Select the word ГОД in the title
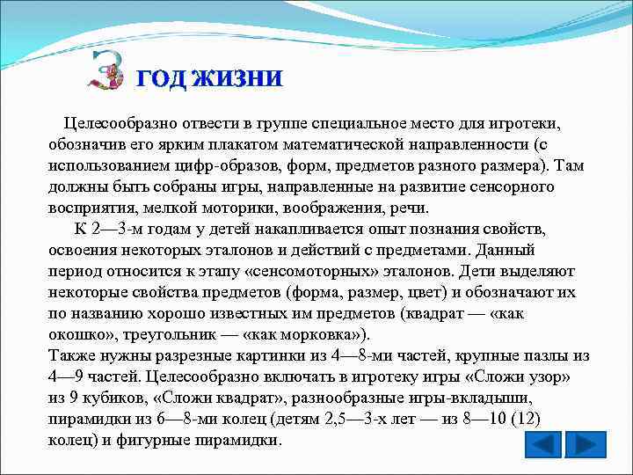161,78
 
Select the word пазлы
542,355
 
